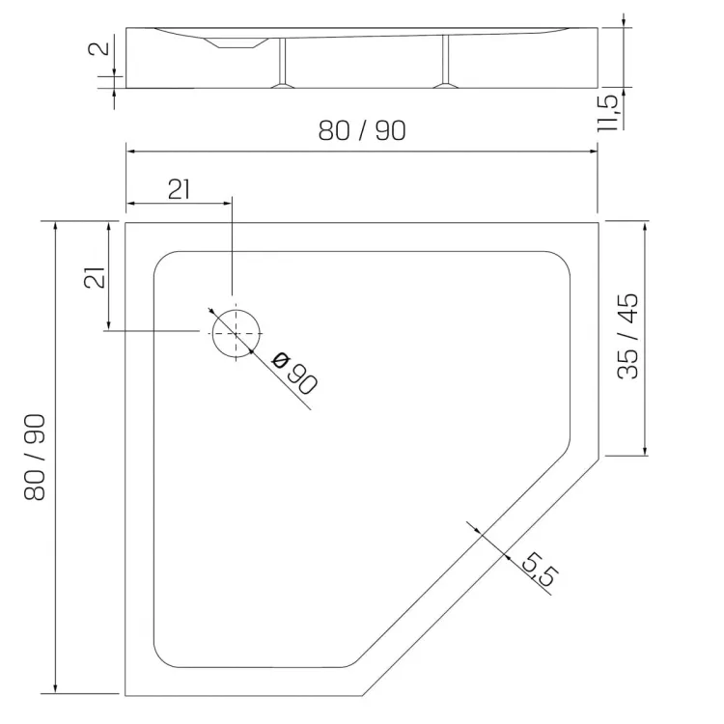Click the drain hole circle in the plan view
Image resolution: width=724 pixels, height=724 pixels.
[x=212, y=333]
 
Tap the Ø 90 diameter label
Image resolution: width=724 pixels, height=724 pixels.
[x=295, y=373]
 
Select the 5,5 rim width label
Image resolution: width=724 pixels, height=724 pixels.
[x=540, y=570]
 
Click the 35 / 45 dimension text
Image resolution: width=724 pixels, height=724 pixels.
[x=628, y=336]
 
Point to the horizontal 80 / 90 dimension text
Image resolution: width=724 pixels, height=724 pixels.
[x=362, y=130]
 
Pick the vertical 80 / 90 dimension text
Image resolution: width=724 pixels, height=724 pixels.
[x=35, y=458]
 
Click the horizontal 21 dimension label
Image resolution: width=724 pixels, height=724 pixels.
[x=179, y=189]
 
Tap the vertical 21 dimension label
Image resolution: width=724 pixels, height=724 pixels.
[x=95, y=277]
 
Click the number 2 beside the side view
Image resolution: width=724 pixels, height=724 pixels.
[x=98, y=47]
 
